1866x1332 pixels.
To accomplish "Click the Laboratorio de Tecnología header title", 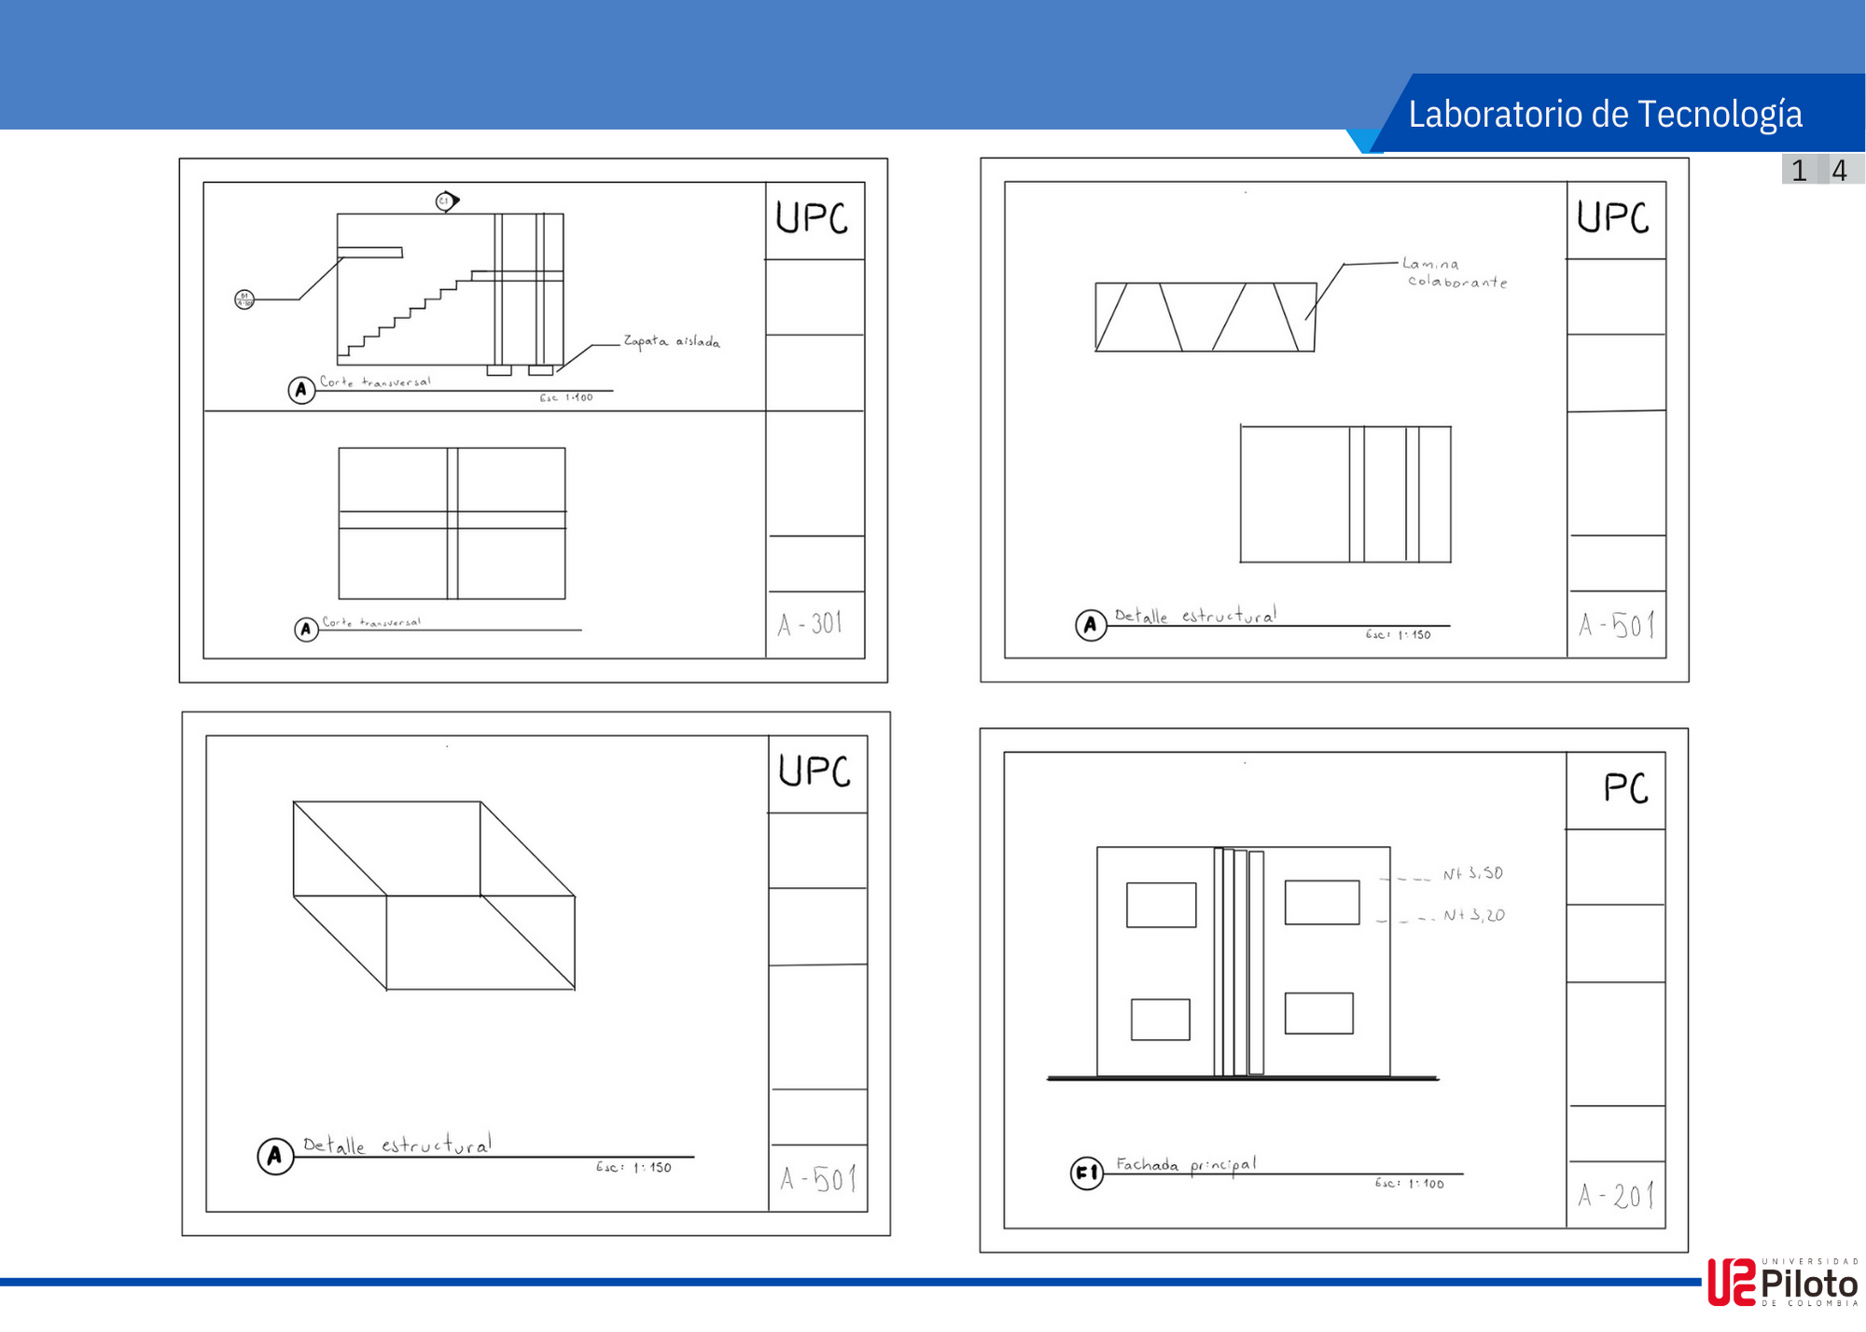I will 1605,114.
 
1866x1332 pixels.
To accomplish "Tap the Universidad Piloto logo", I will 1782,1283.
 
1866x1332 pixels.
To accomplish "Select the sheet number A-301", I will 810,624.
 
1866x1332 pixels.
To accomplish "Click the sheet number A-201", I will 1616,1195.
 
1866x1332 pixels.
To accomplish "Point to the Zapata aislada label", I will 671,341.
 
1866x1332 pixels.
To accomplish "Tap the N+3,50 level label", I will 1472,874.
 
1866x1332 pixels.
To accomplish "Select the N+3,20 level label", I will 1473,916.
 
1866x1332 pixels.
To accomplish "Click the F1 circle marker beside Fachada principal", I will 1086,1172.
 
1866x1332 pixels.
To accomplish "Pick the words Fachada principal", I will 1185,1164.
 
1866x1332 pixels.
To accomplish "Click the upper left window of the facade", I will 1161,905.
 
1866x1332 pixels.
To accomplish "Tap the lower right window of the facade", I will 1318,1013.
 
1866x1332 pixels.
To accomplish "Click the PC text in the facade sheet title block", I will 1625,789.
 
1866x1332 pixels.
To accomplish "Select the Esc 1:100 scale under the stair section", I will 565,397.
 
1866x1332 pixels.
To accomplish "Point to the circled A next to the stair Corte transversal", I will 300,390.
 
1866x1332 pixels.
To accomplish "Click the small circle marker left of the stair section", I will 244,299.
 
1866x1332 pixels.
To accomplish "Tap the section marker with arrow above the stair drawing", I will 447,201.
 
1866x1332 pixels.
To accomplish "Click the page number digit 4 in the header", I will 1839,171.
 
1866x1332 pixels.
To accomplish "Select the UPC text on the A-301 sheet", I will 812,218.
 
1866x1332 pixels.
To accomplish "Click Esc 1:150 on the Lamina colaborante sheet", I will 1398,634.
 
